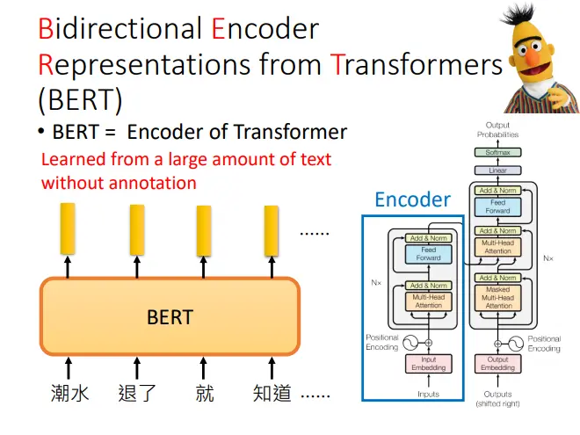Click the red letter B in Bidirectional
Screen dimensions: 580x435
47,28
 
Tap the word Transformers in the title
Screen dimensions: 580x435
417,64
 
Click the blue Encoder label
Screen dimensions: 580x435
413,199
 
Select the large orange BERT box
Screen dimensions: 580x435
170,316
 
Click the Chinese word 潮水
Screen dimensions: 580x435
70,393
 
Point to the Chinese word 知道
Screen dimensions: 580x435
272,393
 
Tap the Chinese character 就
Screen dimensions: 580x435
205,393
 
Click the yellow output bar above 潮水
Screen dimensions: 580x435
68,228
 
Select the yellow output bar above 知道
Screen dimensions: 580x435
272,231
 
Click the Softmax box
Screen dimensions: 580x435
498,152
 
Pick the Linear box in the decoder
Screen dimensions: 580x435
498,170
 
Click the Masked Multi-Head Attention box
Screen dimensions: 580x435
498,298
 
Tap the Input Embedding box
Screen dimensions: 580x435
429,364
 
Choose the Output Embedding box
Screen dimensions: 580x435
498,364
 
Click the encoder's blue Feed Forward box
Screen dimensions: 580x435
429,254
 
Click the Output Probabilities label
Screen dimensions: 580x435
498,130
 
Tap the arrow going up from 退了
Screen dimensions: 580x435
137,368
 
